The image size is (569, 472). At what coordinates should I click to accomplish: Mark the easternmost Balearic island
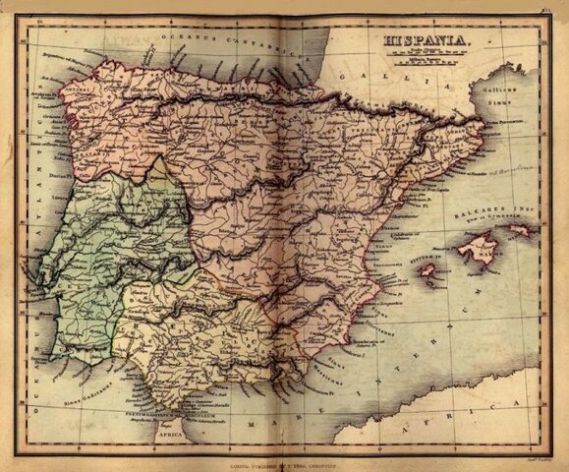[x=519, y=232]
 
